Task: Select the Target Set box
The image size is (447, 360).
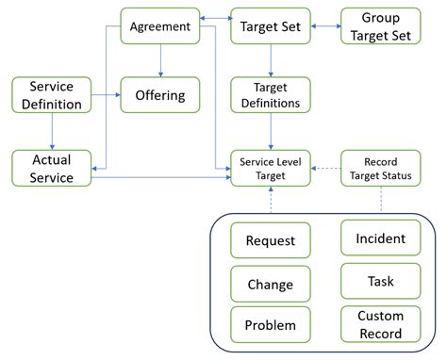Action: click(272, 26)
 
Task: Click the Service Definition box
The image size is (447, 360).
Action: click(52, 95)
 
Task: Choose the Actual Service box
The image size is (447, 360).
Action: click(52, 167)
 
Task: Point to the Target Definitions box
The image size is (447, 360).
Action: click(272, 95)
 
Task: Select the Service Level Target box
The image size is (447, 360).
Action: click(272, 168)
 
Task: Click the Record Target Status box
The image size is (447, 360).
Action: click(381, 168)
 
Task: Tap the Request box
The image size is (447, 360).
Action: click(271, 240)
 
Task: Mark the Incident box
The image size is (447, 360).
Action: click(380, 237)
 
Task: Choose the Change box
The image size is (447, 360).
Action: click(271, 283)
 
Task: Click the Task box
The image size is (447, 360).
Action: click(380, 280)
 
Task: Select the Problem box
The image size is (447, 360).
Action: click(271, 325)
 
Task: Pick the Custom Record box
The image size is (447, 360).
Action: click(380, 324)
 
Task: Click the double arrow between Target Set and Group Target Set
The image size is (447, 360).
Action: click(325, 26)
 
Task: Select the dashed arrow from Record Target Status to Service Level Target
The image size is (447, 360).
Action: click(325, 169)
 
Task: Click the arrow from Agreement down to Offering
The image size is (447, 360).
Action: click(160, 61)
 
